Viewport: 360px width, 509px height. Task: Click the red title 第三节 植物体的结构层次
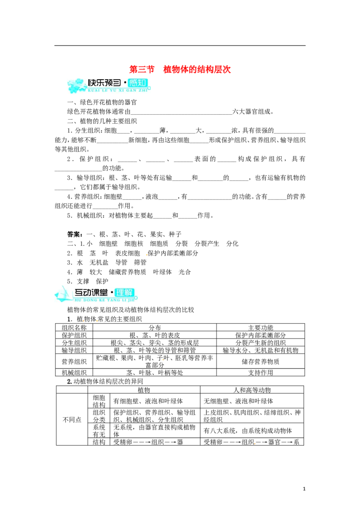click(180, 69)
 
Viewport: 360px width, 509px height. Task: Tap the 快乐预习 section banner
click(109, 85)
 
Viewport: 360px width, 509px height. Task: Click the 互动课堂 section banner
click(96, 294)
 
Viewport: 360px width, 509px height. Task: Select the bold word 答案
click(74, 234)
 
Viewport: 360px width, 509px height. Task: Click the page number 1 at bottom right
click(304, 489)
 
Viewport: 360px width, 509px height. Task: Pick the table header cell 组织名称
click(74, 327)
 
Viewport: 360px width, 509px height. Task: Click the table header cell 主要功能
click(261, 327)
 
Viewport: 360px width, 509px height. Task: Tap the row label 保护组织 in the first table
click(74, 335)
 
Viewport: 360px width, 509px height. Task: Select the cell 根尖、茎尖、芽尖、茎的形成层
click(155, 343)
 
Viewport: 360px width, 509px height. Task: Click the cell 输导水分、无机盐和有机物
click(261, 350)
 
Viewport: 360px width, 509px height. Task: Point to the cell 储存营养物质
click(261, 362)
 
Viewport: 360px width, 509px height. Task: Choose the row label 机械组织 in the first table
click(74, 372)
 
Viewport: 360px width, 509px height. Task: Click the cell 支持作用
click(261, 372)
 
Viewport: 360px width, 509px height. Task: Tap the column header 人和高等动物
click(252, 389)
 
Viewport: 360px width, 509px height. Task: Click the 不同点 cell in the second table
click(72, 420)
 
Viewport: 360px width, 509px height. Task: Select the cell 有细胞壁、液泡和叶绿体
click(148, 401)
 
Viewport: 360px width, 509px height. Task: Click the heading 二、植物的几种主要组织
click(102, 121)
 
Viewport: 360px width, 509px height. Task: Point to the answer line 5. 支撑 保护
click(88, 281)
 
